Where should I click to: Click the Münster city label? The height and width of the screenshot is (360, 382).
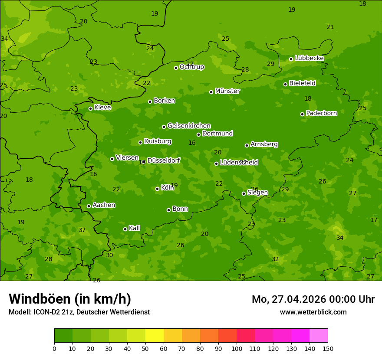click(x=227, y=91)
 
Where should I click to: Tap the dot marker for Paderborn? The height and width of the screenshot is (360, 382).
click(x=303, y=114)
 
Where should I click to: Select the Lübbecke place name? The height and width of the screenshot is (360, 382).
click(x=309, y=58)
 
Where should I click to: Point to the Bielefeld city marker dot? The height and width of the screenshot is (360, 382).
click(x=286, y=84)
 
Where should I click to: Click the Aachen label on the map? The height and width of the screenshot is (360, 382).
click(x=104, y=205)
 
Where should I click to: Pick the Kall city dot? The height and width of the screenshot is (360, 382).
click(x=125, y=229)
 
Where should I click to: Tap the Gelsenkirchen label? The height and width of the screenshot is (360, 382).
click(x=189, y=126)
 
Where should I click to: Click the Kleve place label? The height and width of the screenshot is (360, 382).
click(x=102, y=108)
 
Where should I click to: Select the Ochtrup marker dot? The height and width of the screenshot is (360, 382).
click(x=176, y=68)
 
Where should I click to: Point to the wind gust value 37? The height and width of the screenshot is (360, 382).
click(x=82, y=230)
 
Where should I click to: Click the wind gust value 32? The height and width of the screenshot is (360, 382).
click(x=275, y=259)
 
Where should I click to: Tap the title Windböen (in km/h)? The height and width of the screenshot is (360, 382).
click(x=70, y=299)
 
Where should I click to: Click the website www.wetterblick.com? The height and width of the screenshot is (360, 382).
click(x=313, y=312)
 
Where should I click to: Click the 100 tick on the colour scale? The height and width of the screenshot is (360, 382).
click(x=237, y=348)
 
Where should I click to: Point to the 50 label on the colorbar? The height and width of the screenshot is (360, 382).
click(x=145, y=348)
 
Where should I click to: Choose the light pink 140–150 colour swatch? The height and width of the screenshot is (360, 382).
click(x=319, y=336)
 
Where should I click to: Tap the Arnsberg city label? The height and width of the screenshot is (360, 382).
click(x=264, y=144)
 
